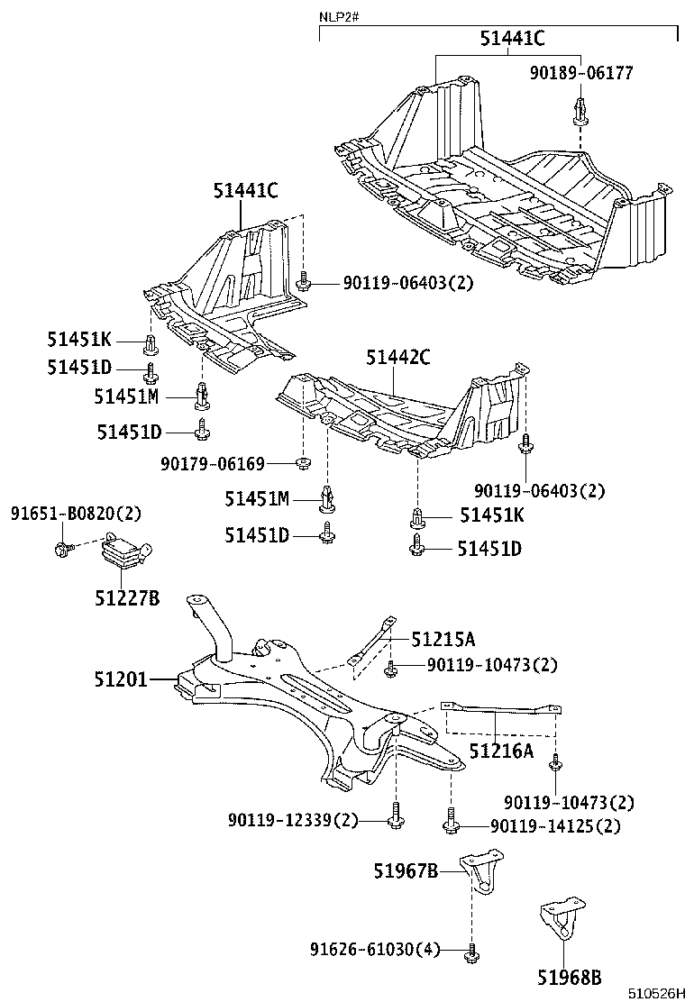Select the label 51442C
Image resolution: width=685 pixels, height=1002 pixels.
pyautogui.click(x=397, y=358)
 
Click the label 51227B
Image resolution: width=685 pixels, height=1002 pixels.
pyautogui.click(x=127, y=597)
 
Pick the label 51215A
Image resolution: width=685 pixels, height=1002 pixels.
pyautogui.click(x=443, y=640)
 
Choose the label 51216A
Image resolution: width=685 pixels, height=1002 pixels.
pyautogui.click(x=500, y=750)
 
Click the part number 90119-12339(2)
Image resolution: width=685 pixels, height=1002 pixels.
pyautogui.click(x=293, y=820)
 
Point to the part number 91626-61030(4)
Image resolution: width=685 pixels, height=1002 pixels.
pyautogui.click(x=375, y=950)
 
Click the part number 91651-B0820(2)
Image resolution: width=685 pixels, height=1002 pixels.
pyautogui.click(x=77, y=514)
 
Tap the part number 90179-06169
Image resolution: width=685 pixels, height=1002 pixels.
pyautogui.click(x=213, y=464)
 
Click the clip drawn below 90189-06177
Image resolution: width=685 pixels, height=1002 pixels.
pyautogui.click(x=580, y=112)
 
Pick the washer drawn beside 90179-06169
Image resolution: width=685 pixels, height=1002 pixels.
pyautogui.click(x=304, y=464)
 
